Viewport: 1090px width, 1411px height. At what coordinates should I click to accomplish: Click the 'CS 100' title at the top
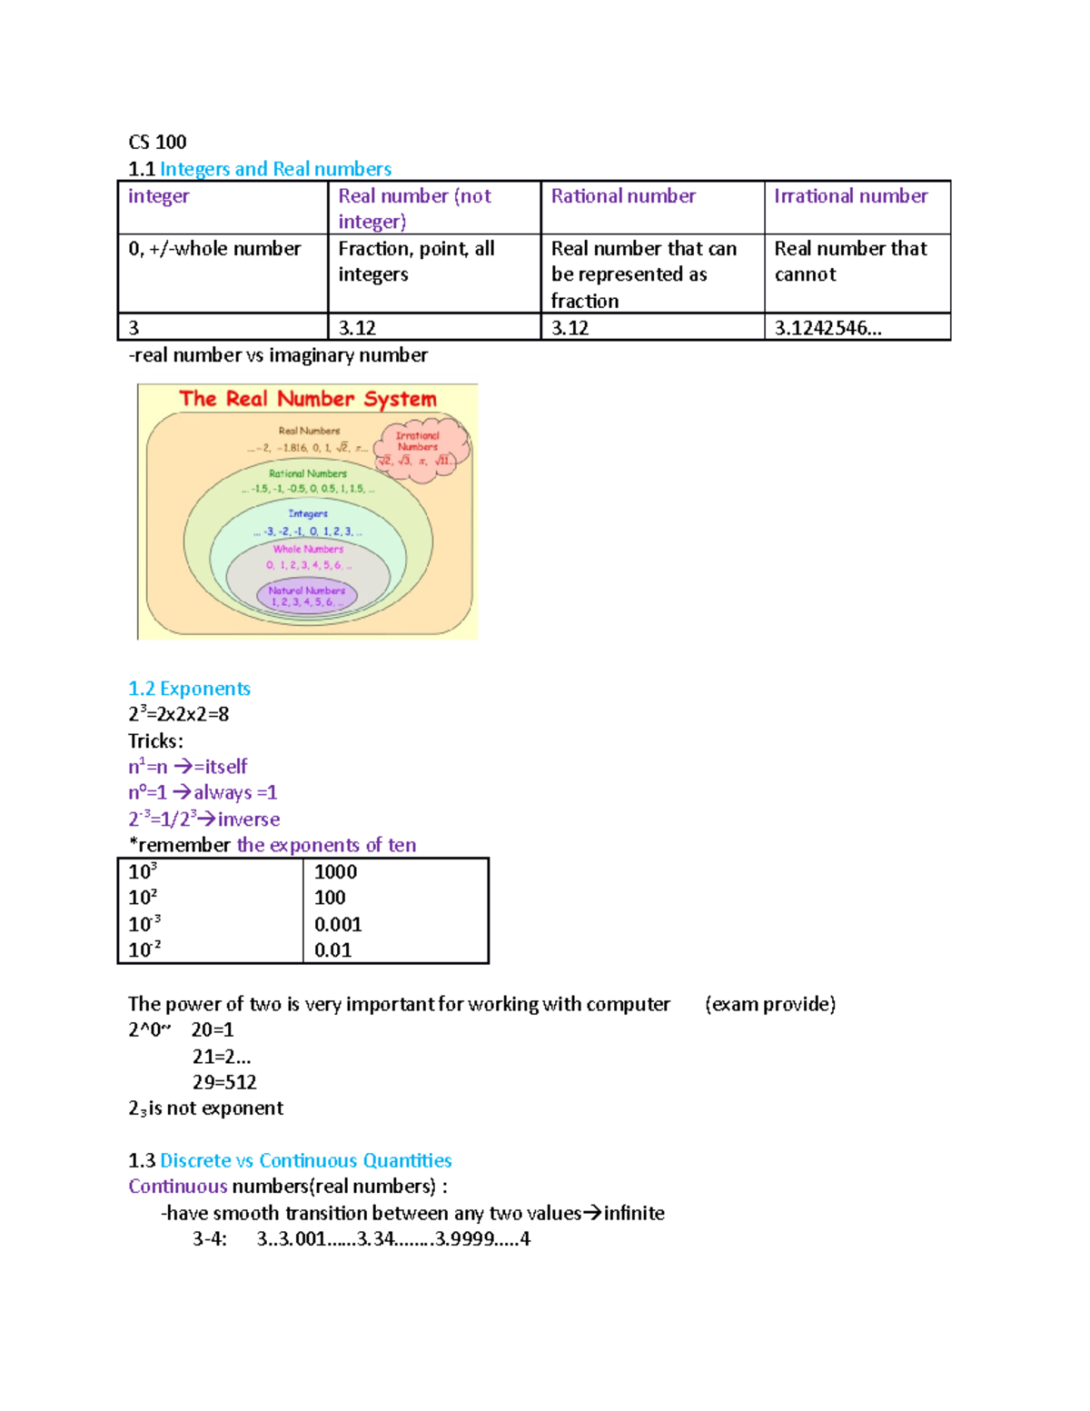tap(157, 142)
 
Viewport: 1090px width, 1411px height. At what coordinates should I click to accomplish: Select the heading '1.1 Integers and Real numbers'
tap(260, 169)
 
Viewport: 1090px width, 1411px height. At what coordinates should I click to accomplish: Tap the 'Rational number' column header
tap(623, 196)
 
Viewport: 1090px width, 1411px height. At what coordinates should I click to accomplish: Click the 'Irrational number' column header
tap(850, 196)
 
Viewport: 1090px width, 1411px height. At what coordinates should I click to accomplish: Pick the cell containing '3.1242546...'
tap(827, 328)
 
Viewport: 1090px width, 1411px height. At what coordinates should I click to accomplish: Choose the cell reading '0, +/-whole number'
tap(214, 249)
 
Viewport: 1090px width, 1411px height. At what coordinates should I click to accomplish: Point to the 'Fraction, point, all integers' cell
tap(416, 262)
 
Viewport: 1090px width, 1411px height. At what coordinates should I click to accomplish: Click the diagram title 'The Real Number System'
tap(308, 399)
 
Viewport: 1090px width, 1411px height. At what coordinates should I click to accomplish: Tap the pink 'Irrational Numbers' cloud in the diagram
tap(420, 447)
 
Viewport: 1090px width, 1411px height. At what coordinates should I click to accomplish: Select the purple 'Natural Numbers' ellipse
tap(307, 596)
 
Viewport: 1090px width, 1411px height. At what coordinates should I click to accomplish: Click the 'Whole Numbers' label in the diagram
tap(308, 550)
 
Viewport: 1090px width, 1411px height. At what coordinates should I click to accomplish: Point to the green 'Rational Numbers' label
tap(308, 473)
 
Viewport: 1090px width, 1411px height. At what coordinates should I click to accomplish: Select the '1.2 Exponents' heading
tap(189, 689)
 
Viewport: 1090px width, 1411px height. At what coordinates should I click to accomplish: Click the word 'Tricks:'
tap(155, 740)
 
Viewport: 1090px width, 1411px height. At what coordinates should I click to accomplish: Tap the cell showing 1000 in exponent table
tap(336, 872)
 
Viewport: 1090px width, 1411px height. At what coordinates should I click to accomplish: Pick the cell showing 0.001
tap(338, 925)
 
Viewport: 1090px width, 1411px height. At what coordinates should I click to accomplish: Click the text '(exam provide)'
tap(770, 1004)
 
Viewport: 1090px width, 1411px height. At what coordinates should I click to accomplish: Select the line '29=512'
tap(224, 1082)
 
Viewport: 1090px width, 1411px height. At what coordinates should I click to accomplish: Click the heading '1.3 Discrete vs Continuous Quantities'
tap(290, 1161)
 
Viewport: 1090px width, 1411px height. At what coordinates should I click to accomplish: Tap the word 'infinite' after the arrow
tap(634, 1214)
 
